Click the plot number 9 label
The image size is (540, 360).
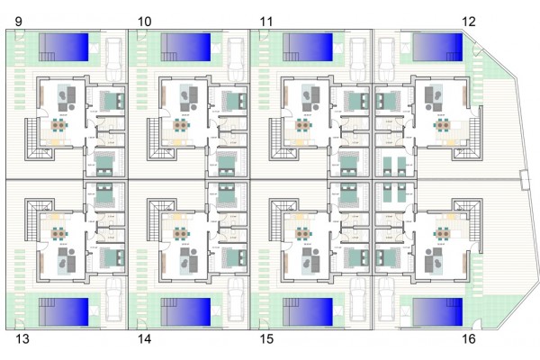click(x=20, y=20)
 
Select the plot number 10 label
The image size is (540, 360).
click(x=144, y=20)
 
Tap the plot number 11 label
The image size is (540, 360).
click(x=265, y=20)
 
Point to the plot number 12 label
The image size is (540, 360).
click(x=468, y=20)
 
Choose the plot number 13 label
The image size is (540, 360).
click(x=23, y=338)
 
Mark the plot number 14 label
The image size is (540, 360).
click(x=144, y=338)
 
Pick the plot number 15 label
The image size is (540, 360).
click(x=265, y=338)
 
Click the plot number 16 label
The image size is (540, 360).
click(x=468, y=338)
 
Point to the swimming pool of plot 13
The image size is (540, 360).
click(x=65, y=311)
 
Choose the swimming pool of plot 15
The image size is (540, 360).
click(x=308, y=311)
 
